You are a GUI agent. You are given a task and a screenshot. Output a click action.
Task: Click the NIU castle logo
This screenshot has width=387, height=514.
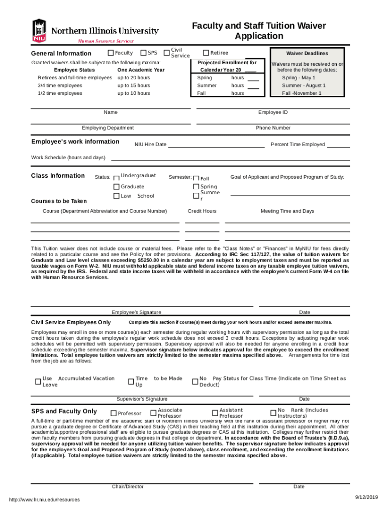(39, 31)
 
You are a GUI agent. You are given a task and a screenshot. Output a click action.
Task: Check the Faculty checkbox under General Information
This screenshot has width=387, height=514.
(111, 53)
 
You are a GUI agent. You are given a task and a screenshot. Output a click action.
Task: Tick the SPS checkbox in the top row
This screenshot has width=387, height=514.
(143, 53)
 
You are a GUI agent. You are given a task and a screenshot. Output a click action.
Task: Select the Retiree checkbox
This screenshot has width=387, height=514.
(206, 53)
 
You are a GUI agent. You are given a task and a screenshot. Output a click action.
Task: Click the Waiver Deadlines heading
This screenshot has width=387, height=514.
(307, 53)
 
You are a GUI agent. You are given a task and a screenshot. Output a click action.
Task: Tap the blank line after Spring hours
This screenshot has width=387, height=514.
(253, 79)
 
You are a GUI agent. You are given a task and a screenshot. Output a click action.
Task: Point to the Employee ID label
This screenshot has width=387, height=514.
(273, 112)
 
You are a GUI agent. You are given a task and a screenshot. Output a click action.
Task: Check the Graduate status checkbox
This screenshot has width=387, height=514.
(116, 187)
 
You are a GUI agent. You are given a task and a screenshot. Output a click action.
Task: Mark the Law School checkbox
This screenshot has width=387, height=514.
(116, 196)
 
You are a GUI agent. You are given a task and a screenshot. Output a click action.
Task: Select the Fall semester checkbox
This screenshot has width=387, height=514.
(196, 178)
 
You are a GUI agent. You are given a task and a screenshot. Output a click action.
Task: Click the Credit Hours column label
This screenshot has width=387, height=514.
(202, 211)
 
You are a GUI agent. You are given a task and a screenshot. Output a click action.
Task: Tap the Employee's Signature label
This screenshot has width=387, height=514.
(136, 312)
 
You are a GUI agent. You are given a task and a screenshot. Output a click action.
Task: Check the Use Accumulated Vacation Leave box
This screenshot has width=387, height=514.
(38, 381)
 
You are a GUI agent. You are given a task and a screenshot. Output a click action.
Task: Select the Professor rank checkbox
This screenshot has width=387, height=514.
(114, 413)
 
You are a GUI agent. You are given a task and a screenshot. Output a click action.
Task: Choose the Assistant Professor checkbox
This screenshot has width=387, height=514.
(215, 413)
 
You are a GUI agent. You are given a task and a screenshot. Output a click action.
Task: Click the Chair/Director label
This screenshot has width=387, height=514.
(128, 486)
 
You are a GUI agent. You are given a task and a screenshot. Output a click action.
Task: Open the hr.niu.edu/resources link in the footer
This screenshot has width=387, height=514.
(41, 499)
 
